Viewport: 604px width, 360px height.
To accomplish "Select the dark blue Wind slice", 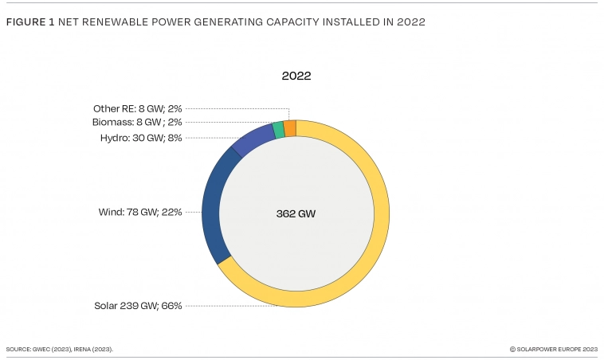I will (x=211, y=207).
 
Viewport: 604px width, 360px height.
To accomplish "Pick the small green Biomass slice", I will (x=278, y=130).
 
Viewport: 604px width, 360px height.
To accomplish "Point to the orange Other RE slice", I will (x=290, y=128).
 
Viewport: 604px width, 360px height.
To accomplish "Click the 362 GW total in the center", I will (x=296, y=213).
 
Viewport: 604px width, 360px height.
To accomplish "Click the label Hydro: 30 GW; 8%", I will (x=141, y=138).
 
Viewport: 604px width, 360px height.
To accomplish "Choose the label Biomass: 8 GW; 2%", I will (x=137, y=122).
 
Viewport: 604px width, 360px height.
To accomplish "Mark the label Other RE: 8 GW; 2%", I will (x=137, y=108).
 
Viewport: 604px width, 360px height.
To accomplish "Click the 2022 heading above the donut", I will (x=296, y=76).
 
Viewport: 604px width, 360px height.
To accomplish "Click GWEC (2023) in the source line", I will (x=47, y=349).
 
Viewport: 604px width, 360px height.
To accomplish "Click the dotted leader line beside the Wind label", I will (x=194, y=212).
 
